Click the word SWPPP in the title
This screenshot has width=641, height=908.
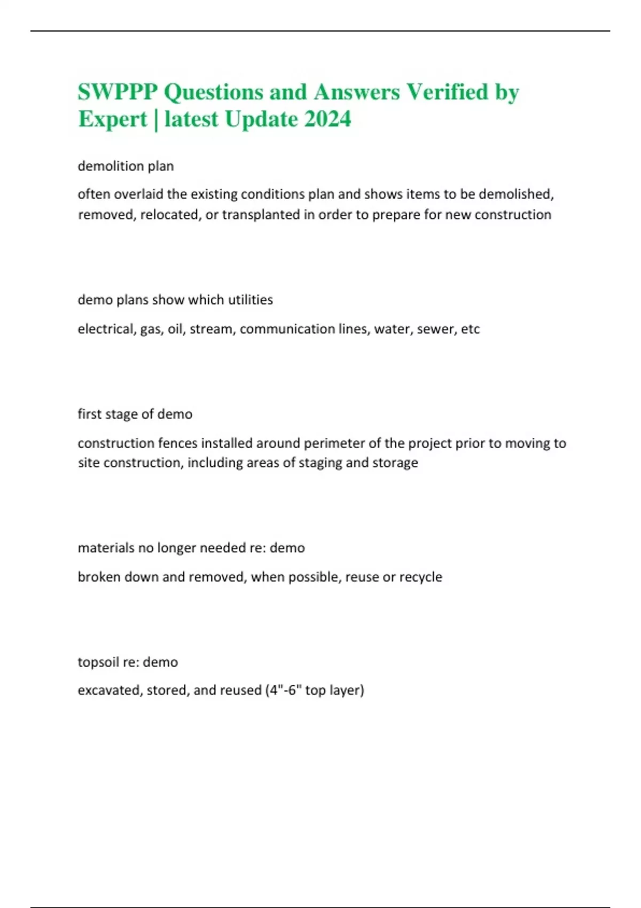point(118,92)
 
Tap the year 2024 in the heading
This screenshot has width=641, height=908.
point(327,119)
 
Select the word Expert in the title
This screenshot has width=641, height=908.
point(112,119)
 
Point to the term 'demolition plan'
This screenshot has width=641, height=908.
point(126,166)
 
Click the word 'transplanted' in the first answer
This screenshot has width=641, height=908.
point(253,215)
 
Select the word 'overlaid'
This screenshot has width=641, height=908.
point(139,194)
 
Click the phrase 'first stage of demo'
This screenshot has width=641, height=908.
point(135,414)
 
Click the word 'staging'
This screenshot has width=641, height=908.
point(320,463)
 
